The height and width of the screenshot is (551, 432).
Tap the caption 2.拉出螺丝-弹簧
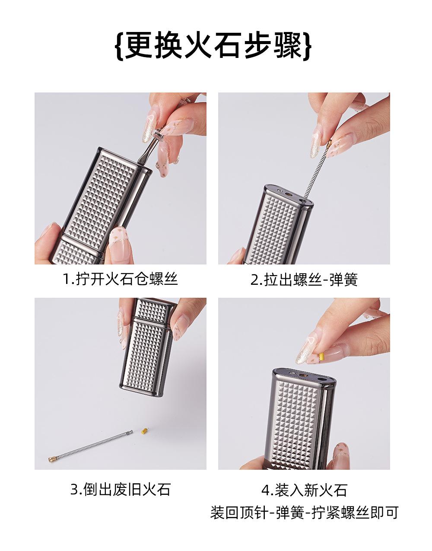point(304,280)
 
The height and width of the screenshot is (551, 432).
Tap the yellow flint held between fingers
point(321,357)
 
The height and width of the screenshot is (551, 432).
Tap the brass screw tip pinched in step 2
point(329,144)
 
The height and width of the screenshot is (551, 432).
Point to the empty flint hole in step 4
point(321,379)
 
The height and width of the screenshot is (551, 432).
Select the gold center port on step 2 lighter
point(288,194)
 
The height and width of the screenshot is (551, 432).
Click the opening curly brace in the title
point(119,46)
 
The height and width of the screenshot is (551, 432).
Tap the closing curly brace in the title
point(307,46)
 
